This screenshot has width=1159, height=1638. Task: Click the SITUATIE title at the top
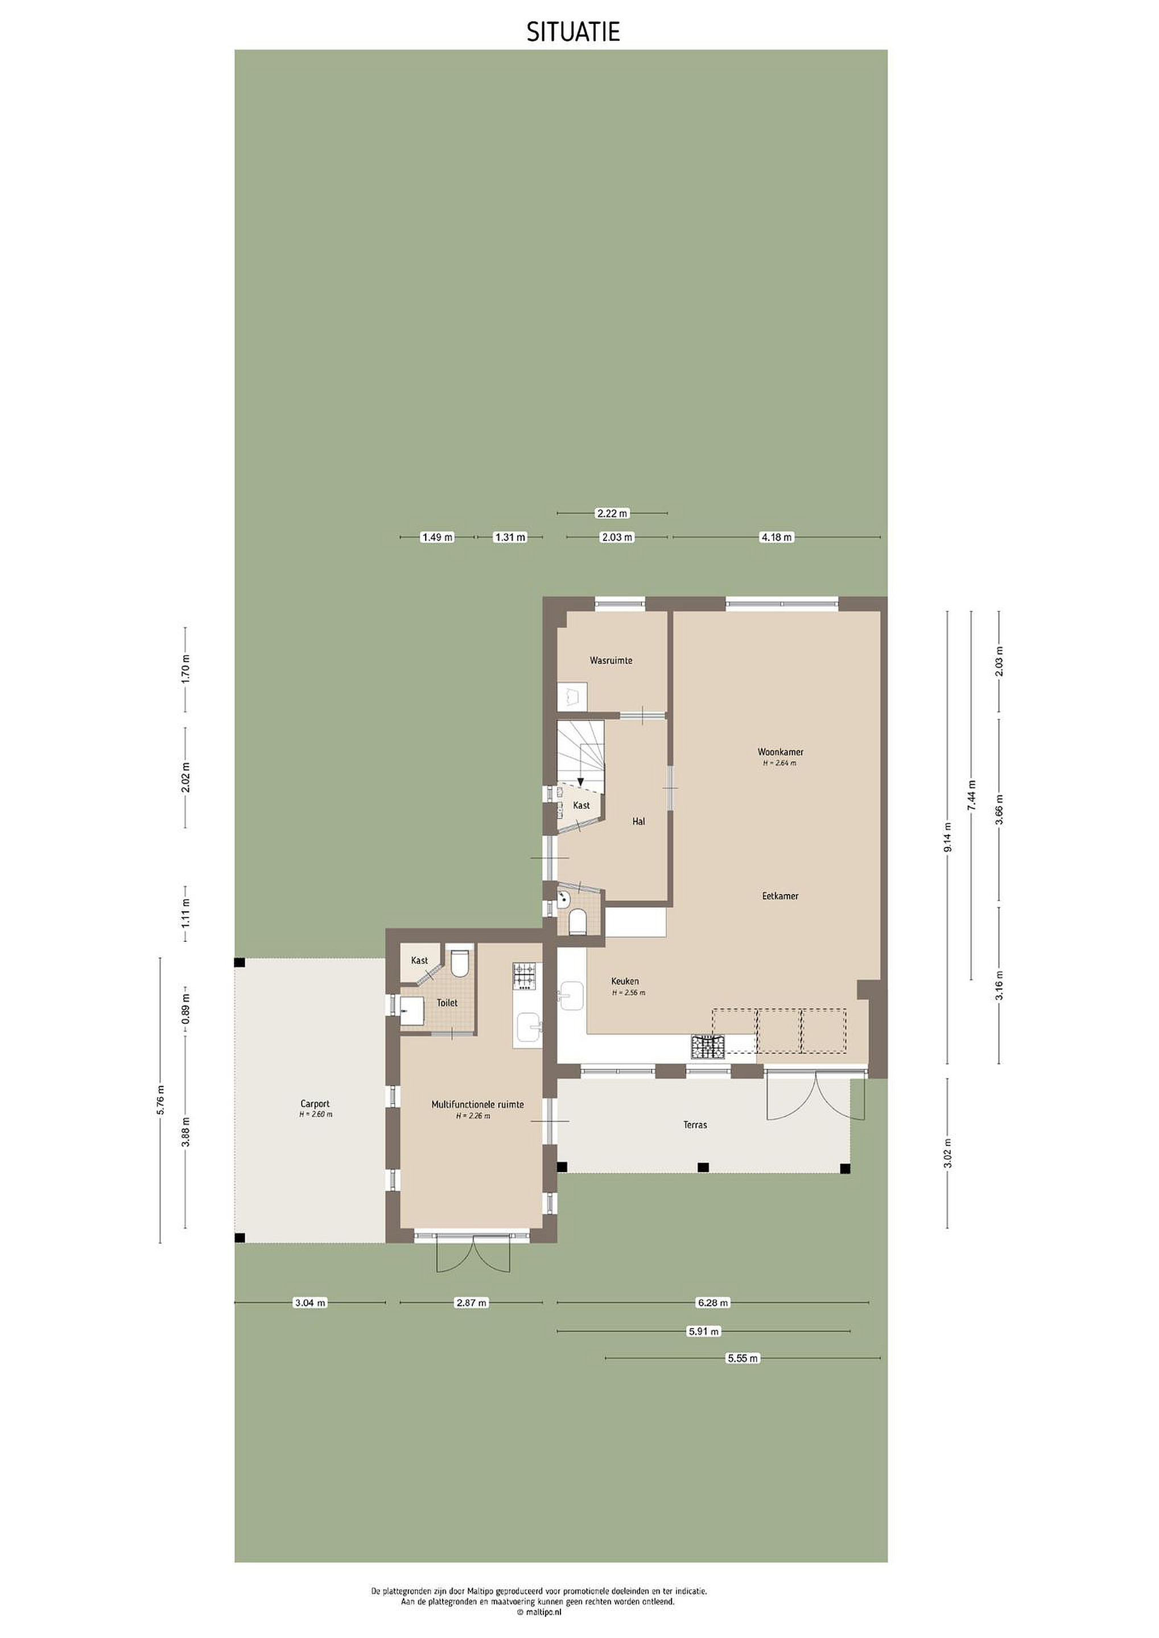[x=573, y=32]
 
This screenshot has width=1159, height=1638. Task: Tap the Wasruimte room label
[x=611, y=661]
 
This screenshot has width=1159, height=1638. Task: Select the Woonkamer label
[x=781, y=752]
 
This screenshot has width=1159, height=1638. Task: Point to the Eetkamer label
[x=780, y=896]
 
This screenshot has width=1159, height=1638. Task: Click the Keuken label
[x=625, y=982]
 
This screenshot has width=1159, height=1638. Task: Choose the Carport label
[x=315, y=1105]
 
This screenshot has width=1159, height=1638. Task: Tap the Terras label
[x=695, y=1125]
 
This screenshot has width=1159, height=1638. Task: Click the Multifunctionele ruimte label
[x=477, y=1105]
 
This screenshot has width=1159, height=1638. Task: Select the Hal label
[x=639, y=822]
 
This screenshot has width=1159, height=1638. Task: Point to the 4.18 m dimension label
[x=777, y=537]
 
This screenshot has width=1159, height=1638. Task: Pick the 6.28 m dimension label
[x=713, y=1302]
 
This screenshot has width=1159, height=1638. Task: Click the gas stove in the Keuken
[x=707, y=1046]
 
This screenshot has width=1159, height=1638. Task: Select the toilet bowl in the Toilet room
[x=460, y=962]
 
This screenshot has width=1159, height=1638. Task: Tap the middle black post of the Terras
[x=703, y=1167]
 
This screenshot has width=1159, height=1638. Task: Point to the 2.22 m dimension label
[x=612, y=513]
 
